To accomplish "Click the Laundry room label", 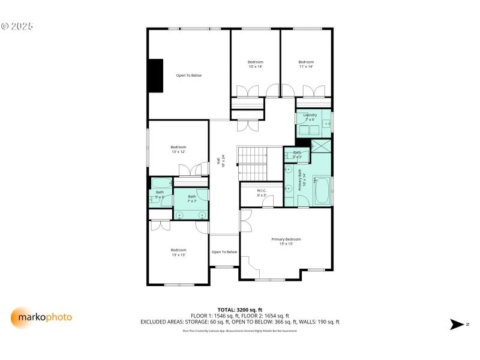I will pyautogui.click(x=310, y=117).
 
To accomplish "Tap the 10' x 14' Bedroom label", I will pyautogui.click(x=256, y=64).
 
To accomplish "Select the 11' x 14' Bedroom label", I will pyautogui.click(x=306, y=64).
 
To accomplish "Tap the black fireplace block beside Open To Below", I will pyautogui.click(x=156, y=75).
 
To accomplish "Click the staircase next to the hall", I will pyautogui.click(x=252, y=163).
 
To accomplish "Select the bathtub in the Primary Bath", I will pyautogui.click(x=322, y=191).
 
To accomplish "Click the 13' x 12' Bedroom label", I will pyautogui.click(x=178, y=149).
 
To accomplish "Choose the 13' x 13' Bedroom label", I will pyautogui.click(x=178, y=252).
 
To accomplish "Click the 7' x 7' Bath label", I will pyautogui.click(x=192, y=199).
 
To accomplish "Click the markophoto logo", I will pyautogui.click(x=41, y=317).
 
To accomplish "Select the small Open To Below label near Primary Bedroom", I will pyautogui.click(x=224, y=252).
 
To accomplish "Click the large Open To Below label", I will pyautogui.click(x=188, y=75).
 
